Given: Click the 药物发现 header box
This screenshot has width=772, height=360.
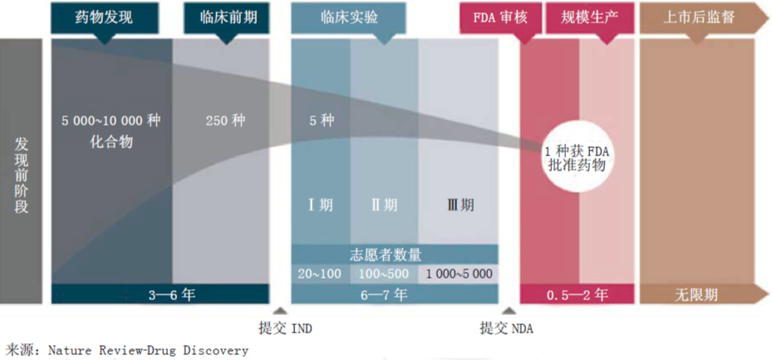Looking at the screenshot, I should (x=103, y=17).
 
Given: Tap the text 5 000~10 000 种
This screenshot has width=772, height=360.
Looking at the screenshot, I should (x=111, y=121).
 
